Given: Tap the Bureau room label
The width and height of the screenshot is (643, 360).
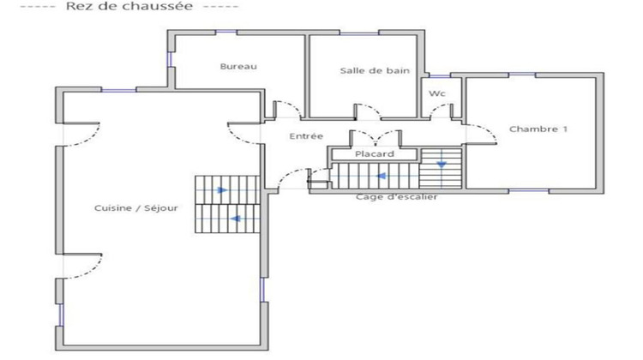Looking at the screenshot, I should [238, 67].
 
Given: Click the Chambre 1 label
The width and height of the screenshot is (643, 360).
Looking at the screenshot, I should [539, 129].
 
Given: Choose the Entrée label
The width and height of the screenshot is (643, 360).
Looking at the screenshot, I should [306, 137].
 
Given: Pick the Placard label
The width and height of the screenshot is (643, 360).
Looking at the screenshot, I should [375, 154].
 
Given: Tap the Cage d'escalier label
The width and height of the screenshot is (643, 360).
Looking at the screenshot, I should [397, 197].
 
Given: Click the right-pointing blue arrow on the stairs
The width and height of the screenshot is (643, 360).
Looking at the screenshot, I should [222, 190].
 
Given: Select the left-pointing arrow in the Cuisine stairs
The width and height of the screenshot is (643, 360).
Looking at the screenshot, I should [234, 219].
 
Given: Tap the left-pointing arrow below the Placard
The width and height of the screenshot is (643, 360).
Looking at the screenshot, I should [380, 177].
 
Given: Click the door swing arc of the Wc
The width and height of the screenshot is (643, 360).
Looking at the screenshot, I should [442, 110].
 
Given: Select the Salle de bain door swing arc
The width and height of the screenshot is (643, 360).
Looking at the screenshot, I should [367, 109].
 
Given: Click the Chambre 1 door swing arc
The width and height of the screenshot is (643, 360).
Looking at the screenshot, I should [483, 134].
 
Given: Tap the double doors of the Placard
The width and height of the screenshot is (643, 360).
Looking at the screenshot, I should [378, 137].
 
